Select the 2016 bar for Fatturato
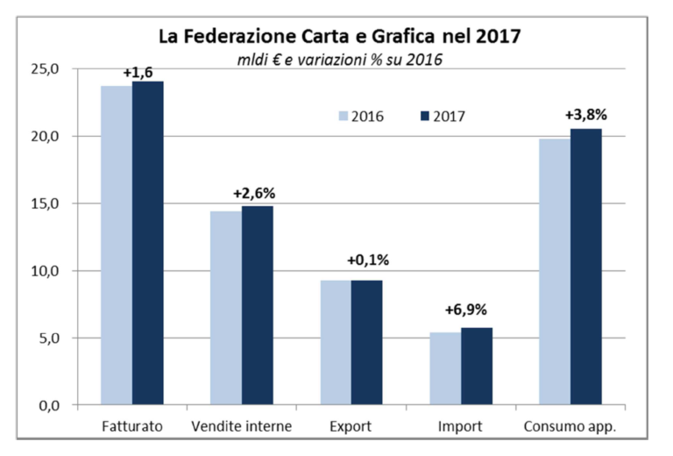pyautogui.click(x=117, y=246)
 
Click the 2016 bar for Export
pyautogui.click(x=336, y=343)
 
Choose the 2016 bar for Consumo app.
pyautogui.click(x=555, y=272)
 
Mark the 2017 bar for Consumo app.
pyautogui.click(x=585, y=267)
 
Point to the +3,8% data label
pyautogui.click(x=585, y=114)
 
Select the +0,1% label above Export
pyautogui.click(x=368, y=261)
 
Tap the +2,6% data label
pyautogui.click(x=255, y=192)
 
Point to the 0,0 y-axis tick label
pyautogui.click(x=49, y=406)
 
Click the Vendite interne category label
pyautogui.click(x=241, y=427)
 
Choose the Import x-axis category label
pyautogui.click(x=460, y=427)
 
